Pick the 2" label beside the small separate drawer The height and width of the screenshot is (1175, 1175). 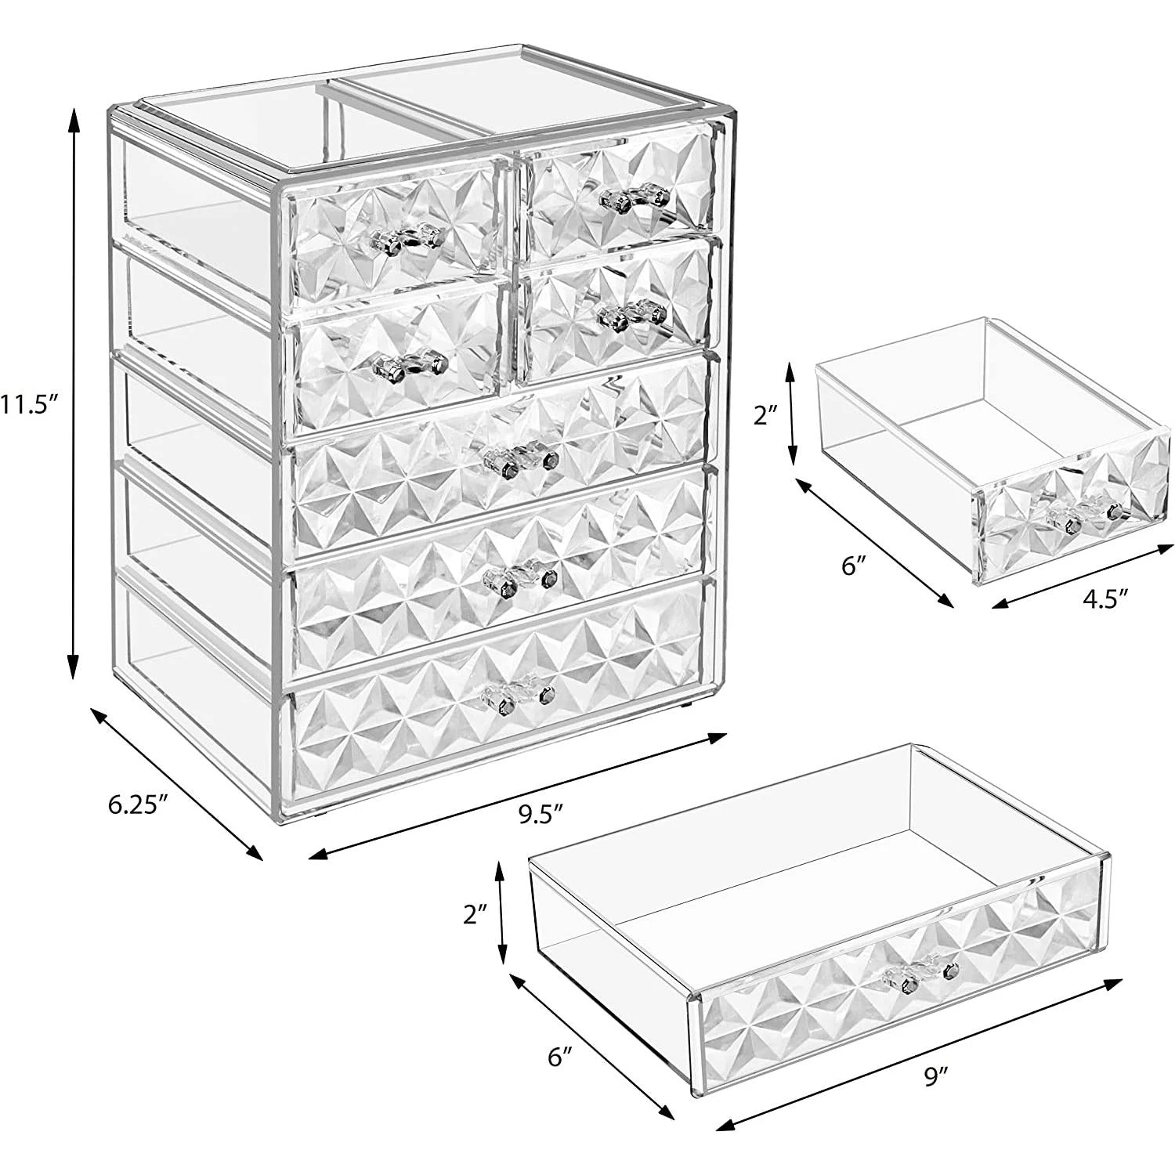point(765,416)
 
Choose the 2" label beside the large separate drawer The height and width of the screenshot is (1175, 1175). point(475,913)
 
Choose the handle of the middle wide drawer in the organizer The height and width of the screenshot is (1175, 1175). point(519,578)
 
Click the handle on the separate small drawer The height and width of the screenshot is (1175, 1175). point(1084,512)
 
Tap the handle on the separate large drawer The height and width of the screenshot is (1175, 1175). point(920,971)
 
